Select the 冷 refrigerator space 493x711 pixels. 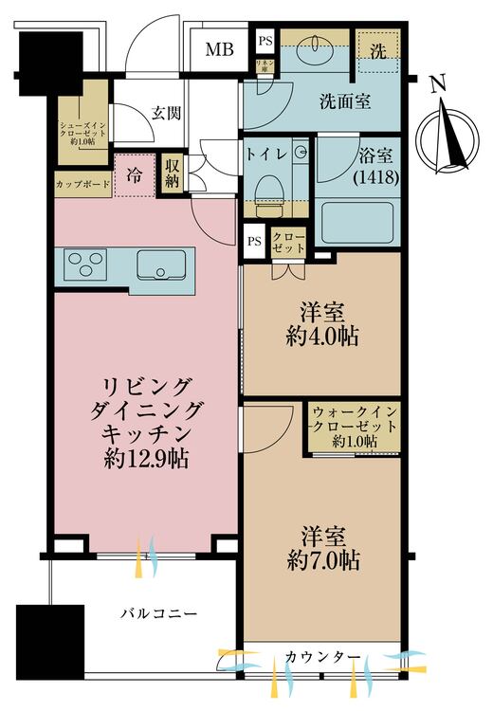[135, 175]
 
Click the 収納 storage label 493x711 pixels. [172, 173]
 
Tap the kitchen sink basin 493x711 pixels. [163, 266]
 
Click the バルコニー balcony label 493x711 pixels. [157, 614]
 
